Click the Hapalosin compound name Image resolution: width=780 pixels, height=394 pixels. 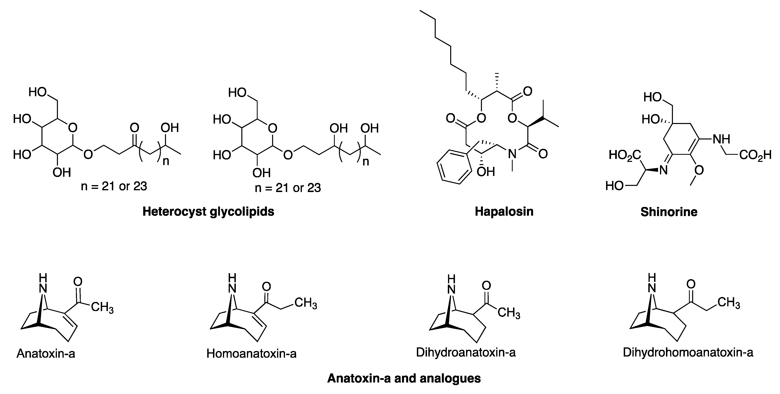point(504,211)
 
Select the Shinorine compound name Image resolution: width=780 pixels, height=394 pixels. point(669,212)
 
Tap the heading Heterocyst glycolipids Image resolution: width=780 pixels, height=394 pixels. point(208,211)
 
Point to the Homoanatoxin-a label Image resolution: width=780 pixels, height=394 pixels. point(251,353)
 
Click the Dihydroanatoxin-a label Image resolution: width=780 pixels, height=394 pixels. point(466,352)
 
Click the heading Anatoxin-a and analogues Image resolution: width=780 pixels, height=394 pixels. point(404,378)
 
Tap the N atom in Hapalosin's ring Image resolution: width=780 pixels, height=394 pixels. point(512,154)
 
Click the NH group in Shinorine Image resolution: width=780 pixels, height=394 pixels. point(721,139)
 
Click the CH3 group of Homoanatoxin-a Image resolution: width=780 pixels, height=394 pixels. point(306,303)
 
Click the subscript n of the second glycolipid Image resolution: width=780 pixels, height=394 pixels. point(366,162)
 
